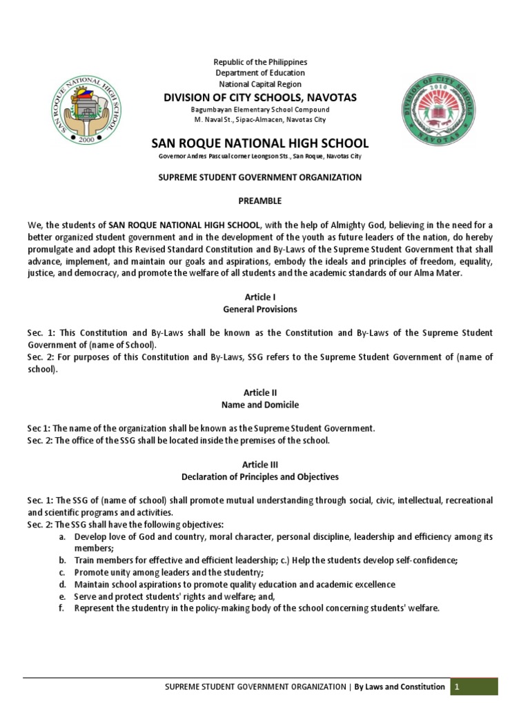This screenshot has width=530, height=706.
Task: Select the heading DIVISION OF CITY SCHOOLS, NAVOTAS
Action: click(260, 97)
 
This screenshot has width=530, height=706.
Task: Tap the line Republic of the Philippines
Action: click(260, 62)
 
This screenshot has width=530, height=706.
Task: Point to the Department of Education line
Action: click(260, 73)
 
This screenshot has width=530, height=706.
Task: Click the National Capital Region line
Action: click(260, 84)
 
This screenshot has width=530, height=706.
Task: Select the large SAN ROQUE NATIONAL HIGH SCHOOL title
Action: click(260, 143)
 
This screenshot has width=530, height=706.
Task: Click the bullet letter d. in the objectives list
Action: click(62, 585)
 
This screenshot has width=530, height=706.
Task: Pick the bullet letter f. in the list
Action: click(62, 608)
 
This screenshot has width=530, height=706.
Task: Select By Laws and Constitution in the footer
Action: click(400, 687)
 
